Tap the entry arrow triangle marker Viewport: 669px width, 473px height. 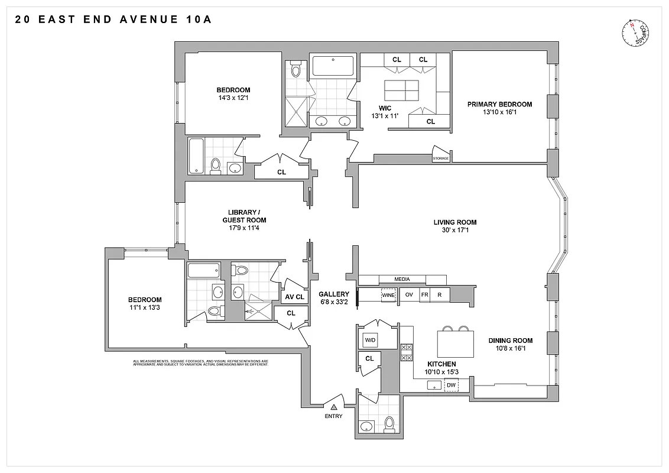tap(334, 407)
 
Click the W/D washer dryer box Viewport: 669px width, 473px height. tap(371, 340)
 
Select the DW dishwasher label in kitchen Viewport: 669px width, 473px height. tap(451, 385)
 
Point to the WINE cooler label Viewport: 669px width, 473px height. tap(388, 294)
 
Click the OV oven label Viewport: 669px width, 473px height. tap(408, 294)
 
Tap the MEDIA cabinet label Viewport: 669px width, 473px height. tap(402, 279)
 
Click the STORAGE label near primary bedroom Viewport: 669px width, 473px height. tap(441, 158)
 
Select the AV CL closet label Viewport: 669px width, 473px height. tap(295, 297)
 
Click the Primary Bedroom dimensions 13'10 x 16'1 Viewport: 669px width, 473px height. tap(499, 112)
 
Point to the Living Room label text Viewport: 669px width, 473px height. tap(454, 222)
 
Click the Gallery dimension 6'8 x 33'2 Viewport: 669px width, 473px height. tap(334, 302)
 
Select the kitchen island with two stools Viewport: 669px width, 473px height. tap(455, 343)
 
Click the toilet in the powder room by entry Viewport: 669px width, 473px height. tap(389, 423)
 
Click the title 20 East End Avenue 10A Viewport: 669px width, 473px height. tap(112, 20)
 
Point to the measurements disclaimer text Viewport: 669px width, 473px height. tap(201, 362)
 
